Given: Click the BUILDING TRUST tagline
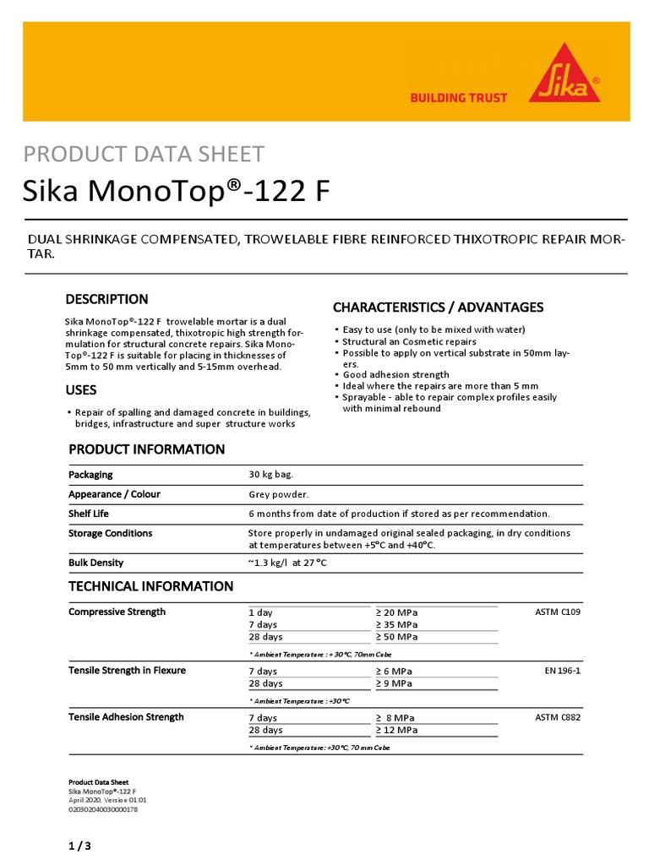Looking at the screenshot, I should coord(458,98).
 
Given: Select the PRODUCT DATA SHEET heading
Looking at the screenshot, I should coord(144,154).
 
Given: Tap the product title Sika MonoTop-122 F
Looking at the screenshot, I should coord(176,193).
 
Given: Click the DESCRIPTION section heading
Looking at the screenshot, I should coord(107,299).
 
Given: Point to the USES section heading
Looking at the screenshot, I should coord(82,390).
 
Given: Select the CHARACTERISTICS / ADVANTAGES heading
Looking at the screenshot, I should coord(438,307).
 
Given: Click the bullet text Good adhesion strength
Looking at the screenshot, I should coord(395,374).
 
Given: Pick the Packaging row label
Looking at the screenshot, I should coord(90,475).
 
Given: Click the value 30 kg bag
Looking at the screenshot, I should coord(270,475).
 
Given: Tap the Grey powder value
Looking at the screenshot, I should coord(279,494).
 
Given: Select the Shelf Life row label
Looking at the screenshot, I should coord(89,514).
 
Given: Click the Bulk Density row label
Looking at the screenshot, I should coord(95,563).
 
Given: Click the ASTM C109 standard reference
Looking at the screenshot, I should coord(558,612).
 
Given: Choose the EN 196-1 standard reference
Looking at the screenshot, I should coord(563,671).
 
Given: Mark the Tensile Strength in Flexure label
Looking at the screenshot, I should coord(127,671).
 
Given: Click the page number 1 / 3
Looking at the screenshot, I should coord(79,846).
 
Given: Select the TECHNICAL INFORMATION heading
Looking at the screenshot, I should coord(150,586).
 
